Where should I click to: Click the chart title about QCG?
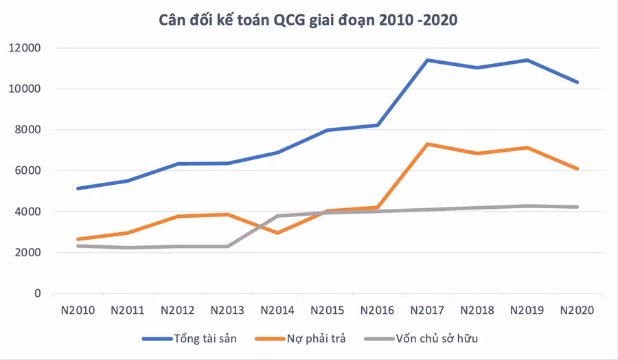coord(308,20)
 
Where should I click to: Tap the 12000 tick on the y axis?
coord(25,47)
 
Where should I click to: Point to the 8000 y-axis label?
coord(27,129)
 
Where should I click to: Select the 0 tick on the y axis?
coord(38,293)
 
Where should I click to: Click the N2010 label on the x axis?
coord(78,311)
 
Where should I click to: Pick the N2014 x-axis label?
coord(277,311)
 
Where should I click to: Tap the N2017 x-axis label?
coord(427,311)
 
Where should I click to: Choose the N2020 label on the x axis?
coord(577,311)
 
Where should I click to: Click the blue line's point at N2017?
coord(427,60)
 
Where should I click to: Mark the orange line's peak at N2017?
coord(427,144)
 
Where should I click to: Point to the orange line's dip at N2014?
coord(277,233)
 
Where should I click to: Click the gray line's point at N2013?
coord(228,247)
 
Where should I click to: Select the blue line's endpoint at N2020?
coord(577,82)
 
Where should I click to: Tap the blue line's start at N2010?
coord(78,188)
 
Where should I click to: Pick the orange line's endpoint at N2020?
coord(577,169)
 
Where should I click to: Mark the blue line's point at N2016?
coord(378,126)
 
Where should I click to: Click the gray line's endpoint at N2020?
coord(577,207)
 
